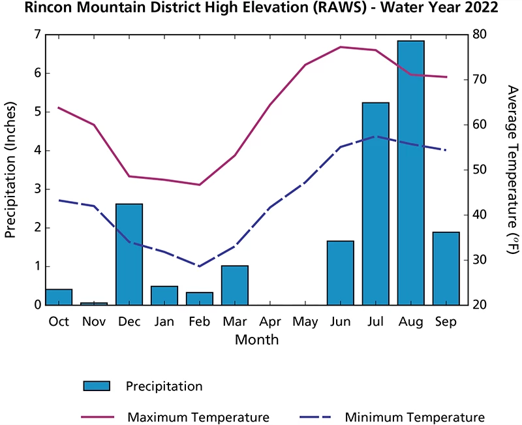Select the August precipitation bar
pyautogui.click(x=410, y=173)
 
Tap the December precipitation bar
pyautogui.click(x=129, y=255)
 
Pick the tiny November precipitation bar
pyautogui.click(x=94, y=304)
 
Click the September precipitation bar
pyautogui.click(x=446, y=268)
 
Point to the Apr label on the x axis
pyautogui.click(x=269, y=322)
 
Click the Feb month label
pyautogui.click(x=199, y=322)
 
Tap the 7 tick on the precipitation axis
pyautogui.click(x=37, y=34)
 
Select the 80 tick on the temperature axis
pyautogui.click(x=480, y=34)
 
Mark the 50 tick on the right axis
pyautogui.click(x=480, y=170)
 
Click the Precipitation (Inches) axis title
pyautogui.click(x=11, y=169)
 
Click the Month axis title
pyautogui.click(x=256, y=339)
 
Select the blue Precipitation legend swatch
pyautogui.click(x=97, y=386)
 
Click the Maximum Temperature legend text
pyautogui.click(x=198, y=417)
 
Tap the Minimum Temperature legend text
pyautogui.click(x=414, y=417)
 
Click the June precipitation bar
pyautogui.click(x=340, y=273)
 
